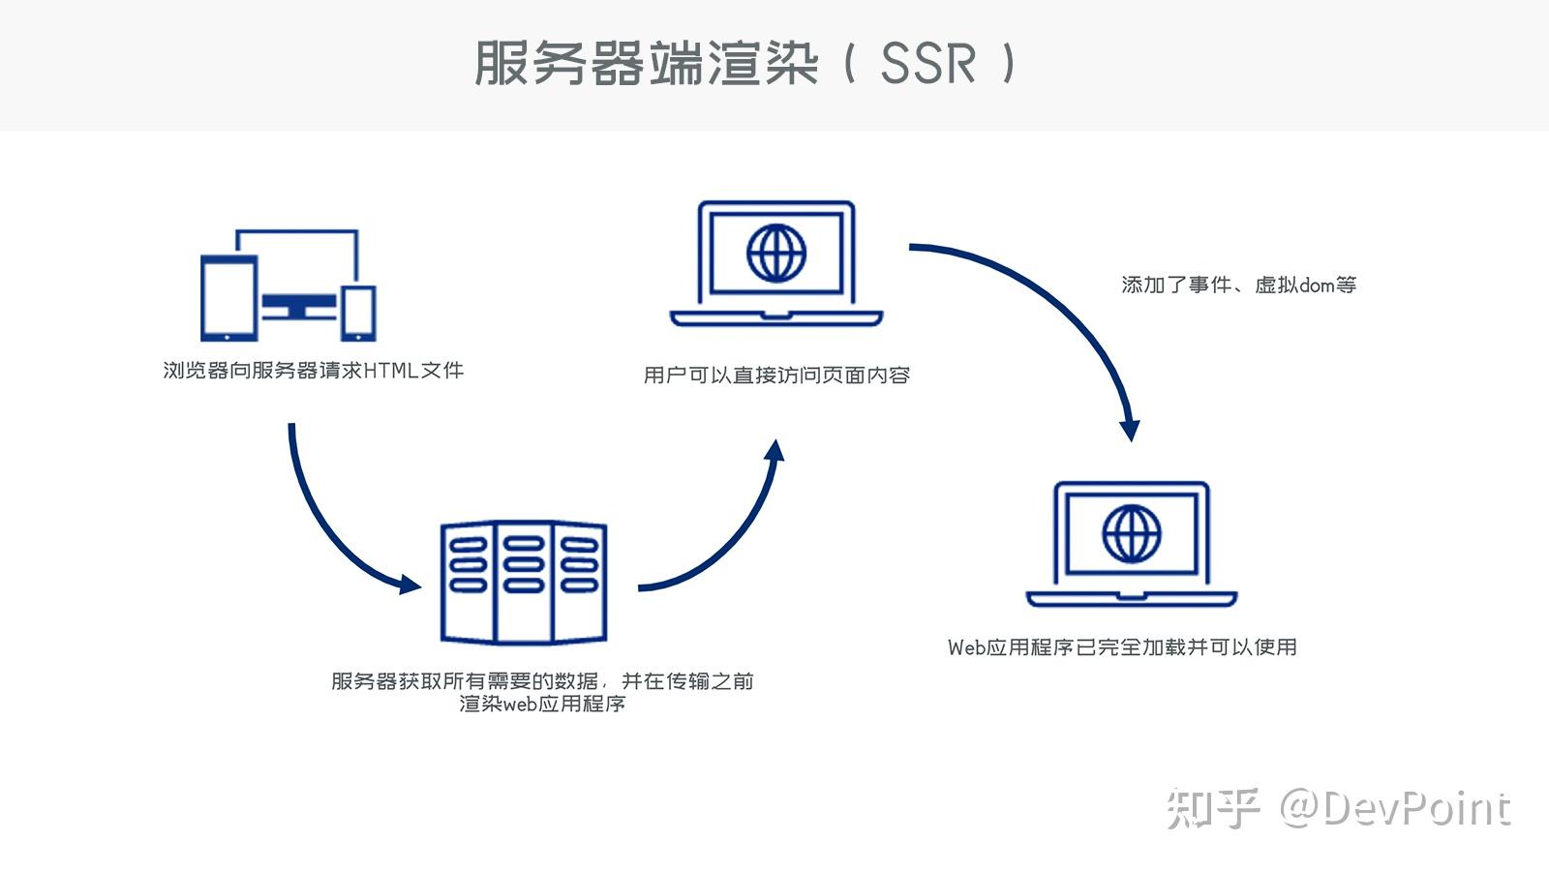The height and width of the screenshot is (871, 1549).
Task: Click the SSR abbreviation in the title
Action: click(928, 63)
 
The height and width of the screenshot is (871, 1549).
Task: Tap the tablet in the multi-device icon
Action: click(228, 298)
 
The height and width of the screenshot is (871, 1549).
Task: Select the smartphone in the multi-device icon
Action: click(358, 314)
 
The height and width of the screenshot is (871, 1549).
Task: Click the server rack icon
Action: click(524, 583)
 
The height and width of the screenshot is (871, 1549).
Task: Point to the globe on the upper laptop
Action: click(776, 253)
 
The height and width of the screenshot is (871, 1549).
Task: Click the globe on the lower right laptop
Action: click(1132, 533)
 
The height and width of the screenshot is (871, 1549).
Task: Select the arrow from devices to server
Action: click(325, 531)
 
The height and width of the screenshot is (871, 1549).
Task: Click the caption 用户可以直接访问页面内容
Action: click(776, 375)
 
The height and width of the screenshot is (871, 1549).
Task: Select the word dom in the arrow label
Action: click(1317, 285)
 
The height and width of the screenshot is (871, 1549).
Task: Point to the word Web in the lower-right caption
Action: click(966, 647)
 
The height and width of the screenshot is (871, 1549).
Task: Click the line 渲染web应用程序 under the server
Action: click(542, 704)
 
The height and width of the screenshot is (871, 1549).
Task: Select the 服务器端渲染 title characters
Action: click(647, 63)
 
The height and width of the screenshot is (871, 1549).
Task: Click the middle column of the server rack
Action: click(524, 583)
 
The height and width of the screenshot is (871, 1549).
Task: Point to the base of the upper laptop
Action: click(776, 318)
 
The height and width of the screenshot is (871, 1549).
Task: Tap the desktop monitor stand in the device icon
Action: click(299, 309)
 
